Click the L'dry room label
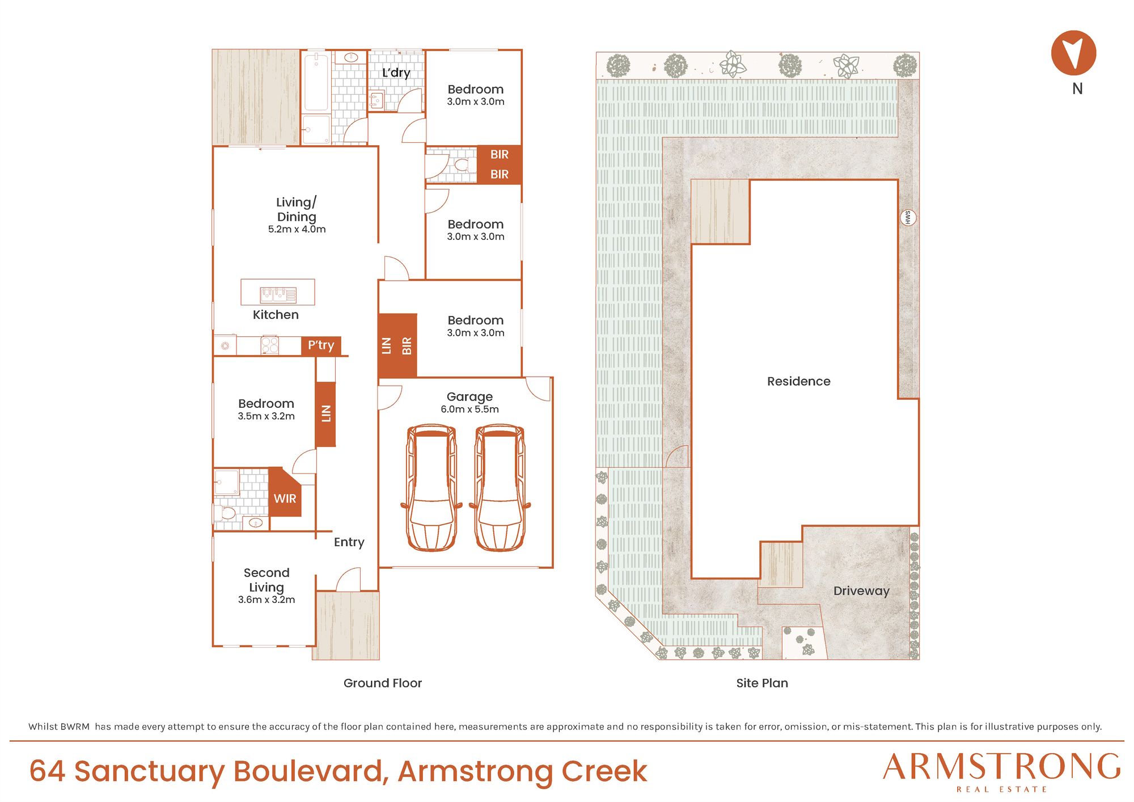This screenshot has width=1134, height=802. point(396,73)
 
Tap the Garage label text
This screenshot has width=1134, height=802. point(469,396)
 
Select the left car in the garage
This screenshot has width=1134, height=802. point(431,488)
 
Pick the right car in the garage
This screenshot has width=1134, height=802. point(500,488)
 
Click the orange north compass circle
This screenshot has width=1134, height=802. point(1073,53)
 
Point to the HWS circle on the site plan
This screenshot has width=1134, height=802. point(908,217)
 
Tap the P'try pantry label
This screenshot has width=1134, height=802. point(321,345)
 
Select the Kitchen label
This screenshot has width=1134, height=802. point(276,315)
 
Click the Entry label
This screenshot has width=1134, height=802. point(349,542)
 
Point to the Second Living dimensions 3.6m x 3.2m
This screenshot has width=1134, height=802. point(266,600)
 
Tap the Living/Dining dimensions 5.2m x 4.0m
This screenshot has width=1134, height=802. point(297,229)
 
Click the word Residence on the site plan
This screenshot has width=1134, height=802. point(799,381)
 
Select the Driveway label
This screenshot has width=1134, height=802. point(861,591)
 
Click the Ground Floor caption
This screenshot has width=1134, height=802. point(383,683)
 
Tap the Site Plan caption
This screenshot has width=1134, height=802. point(762,683)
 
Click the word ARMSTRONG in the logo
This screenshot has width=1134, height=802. point(1002,767)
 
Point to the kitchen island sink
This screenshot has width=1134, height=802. point(278,294)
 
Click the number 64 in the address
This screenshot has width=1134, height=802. point(48,772)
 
